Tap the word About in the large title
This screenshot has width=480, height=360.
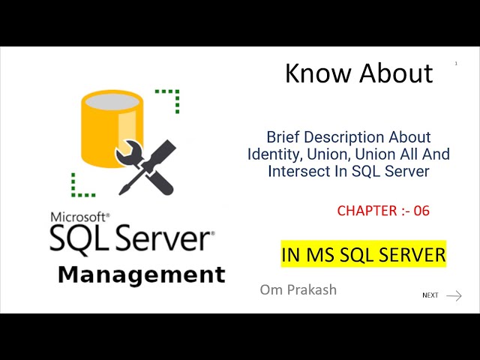[396, 73]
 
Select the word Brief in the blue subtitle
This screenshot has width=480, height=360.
[286, 137]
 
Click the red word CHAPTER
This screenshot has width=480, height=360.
[367, 211]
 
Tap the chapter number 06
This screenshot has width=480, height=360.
[421, 211]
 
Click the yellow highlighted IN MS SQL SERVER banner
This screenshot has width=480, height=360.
[364, 255]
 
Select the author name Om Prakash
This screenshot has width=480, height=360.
[298, 289]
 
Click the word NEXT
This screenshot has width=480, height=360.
[430, 295]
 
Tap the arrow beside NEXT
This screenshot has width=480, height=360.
[454, 295]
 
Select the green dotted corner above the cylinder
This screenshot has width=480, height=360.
[171, 97]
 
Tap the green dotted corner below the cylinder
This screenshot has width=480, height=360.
[78, 185]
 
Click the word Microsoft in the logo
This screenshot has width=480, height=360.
[79, 217]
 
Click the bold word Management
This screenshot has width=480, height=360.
[141, 274]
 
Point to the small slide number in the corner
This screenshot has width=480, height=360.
[456, 64]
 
